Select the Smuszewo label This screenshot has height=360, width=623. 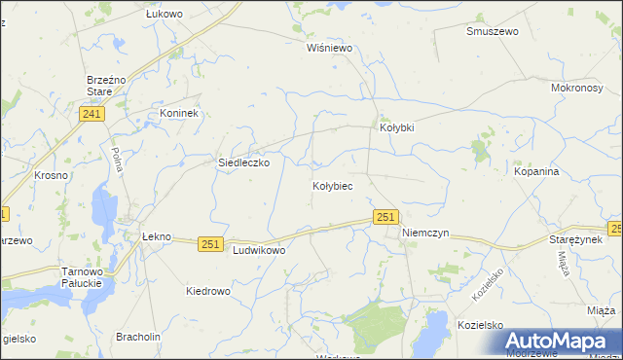tap(492, 31)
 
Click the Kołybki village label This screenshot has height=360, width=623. tap(396, 127)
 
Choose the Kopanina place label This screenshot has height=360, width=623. tap(536, 171)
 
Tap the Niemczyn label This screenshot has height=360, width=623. tap(425, 234)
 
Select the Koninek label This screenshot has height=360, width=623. tap(179, 114)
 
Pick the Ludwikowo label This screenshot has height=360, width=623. tap(259, 250)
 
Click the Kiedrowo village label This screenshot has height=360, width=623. tap(207, 291)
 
